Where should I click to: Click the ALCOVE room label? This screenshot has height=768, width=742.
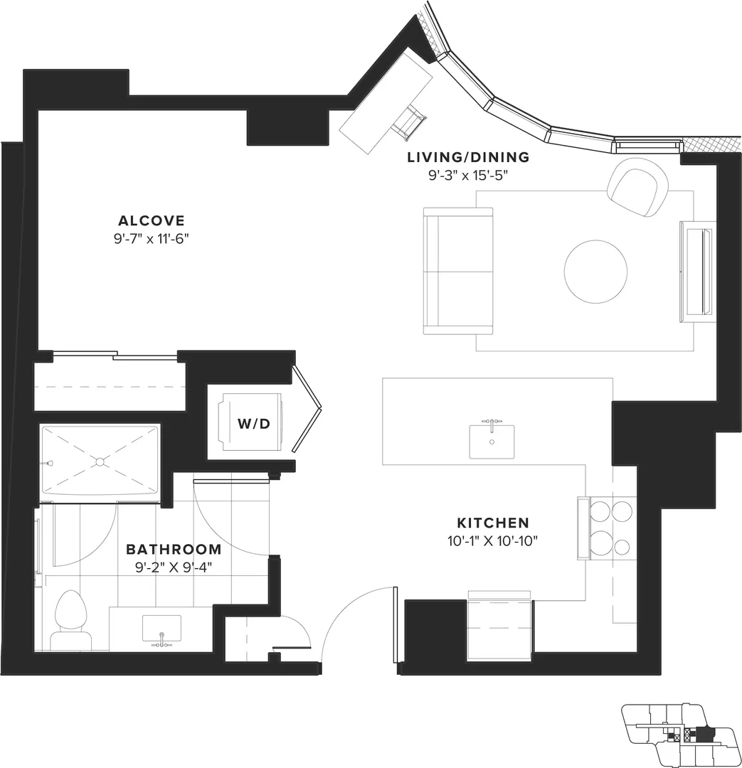click(152, 220)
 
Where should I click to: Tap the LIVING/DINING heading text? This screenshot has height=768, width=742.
click(469, 157)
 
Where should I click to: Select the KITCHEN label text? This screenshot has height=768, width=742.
click(493, 523)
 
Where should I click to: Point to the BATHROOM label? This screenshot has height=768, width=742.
click(174, 549)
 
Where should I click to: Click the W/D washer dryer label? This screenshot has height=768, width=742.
click(254, 424)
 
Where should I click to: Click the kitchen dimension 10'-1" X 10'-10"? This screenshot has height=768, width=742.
click(493, 540)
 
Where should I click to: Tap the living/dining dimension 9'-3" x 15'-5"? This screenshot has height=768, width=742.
click(468, 175)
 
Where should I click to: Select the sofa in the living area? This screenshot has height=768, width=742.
click(457, 271)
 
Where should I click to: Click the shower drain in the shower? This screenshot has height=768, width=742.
click(100, 462)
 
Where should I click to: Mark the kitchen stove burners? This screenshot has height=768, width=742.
click(612, 528)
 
